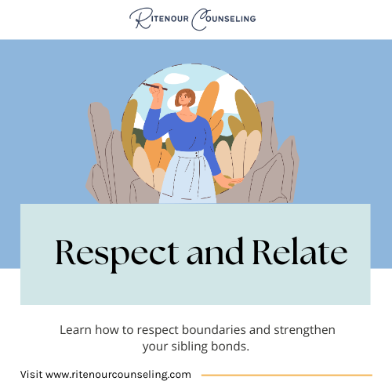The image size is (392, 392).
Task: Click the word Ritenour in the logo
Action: pos(159,18)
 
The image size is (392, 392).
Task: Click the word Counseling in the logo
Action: pos(223,19)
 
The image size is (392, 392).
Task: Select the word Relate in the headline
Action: pos(300,251)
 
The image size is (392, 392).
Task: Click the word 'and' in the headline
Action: pos(216,251)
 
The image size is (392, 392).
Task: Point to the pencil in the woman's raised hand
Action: pos(154,86)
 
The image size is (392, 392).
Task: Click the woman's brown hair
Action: pos(184,96)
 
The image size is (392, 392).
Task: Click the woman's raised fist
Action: pos(156,91)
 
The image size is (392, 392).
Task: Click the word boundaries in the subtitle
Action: pos(214,330)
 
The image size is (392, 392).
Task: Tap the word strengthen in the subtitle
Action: pos(304,330)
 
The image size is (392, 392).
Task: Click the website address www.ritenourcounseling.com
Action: pos(118,375)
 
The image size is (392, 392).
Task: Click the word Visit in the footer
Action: pos(31,375)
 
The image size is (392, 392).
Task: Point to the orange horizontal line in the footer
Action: pos(287,375)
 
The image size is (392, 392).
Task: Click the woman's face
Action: pos(184,100)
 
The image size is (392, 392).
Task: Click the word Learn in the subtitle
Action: pos(75,330)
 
